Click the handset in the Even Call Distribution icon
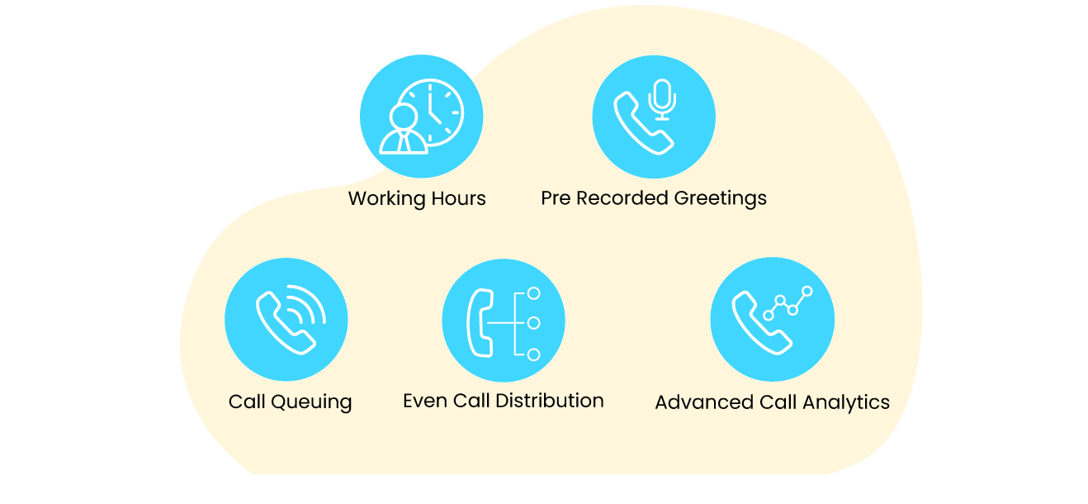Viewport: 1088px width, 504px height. point(480,323)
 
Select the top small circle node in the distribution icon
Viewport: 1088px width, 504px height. point(534,293)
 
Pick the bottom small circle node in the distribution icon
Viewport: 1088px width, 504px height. point(534,354)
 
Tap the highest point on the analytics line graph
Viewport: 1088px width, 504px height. point(807,291)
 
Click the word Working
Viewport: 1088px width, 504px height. point(386,199)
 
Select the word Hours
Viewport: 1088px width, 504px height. point(458,198)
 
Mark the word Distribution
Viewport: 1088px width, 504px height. point(550,401)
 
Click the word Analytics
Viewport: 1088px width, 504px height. point(846,403)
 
